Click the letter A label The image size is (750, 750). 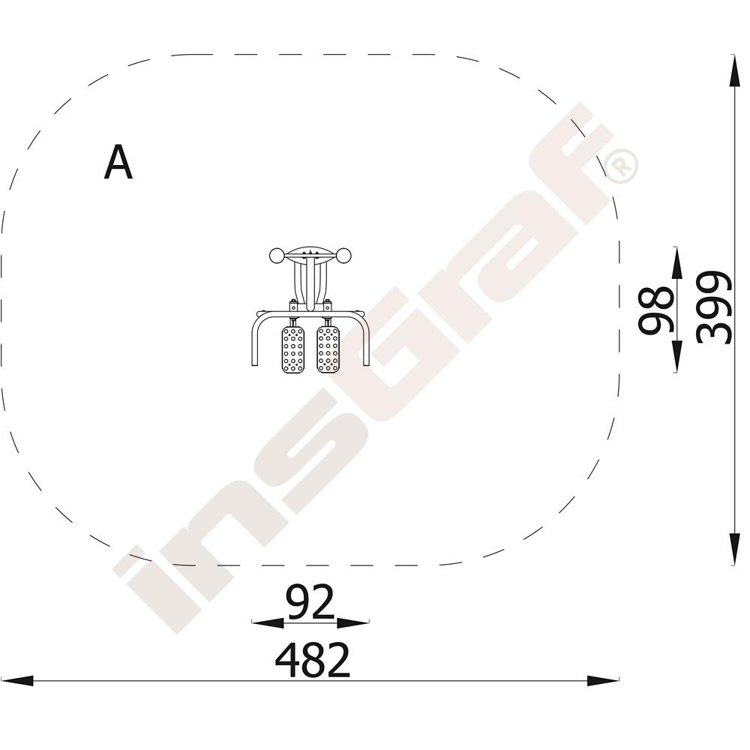coord(118,162)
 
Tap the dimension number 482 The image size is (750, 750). coord(313,660)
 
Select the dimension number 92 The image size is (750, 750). coord(310,601)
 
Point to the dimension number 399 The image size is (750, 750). coord(714,307)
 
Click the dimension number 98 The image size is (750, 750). coord(656,310)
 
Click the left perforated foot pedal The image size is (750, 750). coord(292,349)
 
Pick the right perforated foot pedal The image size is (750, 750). coord(328,349)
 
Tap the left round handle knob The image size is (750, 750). coord(277,256)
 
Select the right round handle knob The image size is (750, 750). coord(343,256)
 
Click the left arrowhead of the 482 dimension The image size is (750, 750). coord(17,681)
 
